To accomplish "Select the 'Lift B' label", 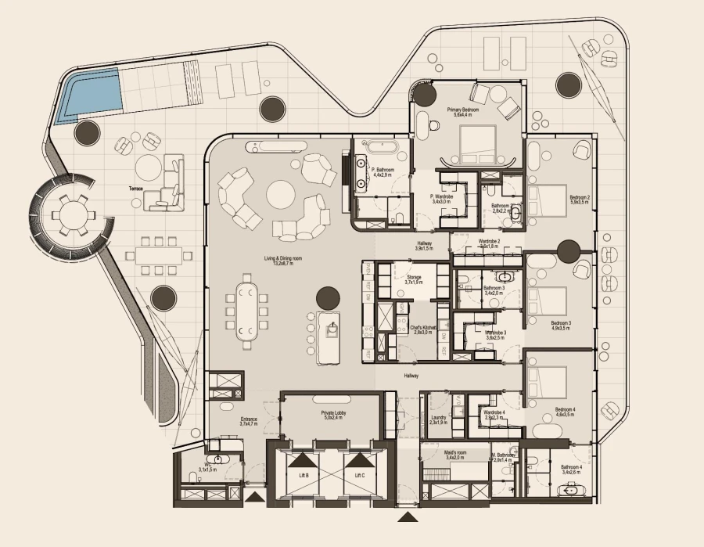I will click(303, 475).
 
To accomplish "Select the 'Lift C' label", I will click(360, 475).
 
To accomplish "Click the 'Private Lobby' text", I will click(333, 412).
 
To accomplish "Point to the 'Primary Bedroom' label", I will click(462, 110).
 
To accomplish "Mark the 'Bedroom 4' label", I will click(565, 409).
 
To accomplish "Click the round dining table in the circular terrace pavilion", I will click(72, 212).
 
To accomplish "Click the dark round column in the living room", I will click(328, 298).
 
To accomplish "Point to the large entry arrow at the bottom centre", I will click(408, 516).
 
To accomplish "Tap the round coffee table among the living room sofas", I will click(281, 193).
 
